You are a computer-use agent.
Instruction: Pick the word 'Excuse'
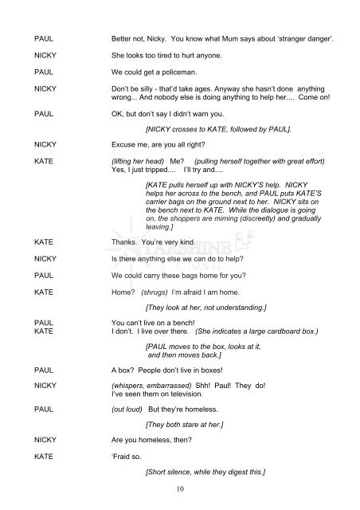[x=127, y=143]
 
